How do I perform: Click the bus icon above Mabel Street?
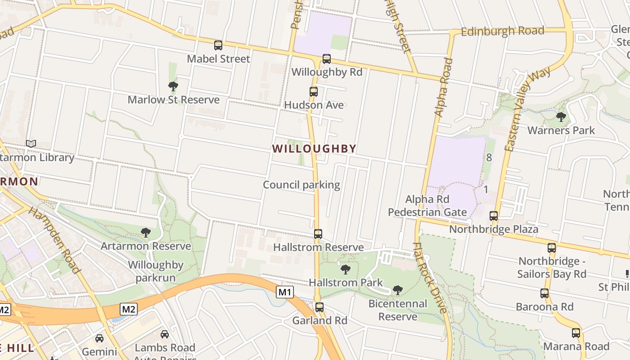[218, 45]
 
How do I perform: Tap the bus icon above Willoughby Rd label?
[327, 59]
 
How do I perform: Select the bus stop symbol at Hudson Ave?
[314, 92]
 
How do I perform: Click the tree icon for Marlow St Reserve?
[173, 86]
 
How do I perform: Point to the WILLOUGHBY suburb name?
[314, 148]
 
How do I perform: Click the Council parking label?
[301, 185]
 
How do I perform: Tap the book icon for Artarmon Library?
[31, 144]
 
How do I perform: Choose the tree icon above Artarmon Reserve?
[145, 233]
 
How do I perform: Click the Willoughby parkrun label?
[156, 271]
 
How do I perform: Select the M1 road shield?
[285, 292]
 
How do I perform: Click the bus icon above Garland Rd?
[319, 308]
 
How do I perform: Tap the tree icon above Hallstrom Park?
[346, 270]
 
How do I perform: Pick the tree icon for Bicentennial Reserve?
[398, 290]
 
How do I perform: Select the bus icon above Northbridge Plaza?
[494, 216]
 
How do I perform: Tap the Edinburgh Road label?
[503, 31]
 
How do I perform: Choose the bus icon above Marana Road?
[576, 333]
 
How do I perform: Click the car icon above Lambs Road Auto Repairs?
[165, 334]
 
